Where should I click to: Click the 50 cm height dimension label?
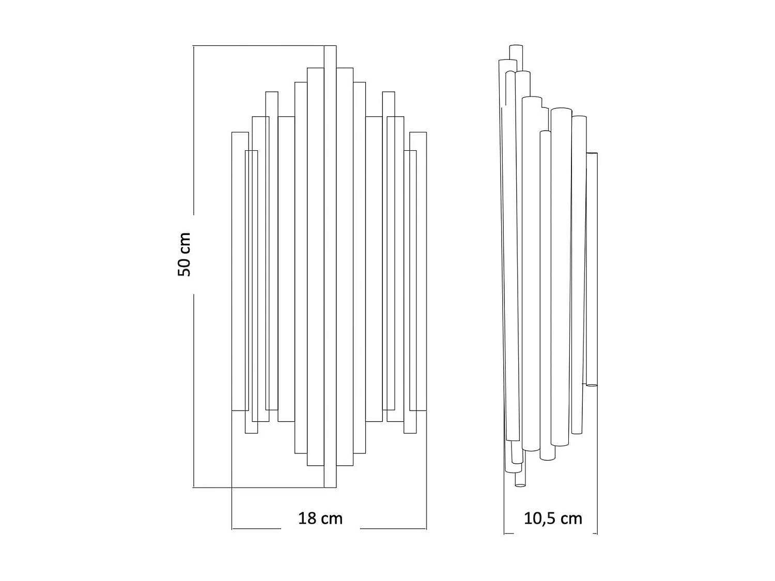click(x=184, y=254)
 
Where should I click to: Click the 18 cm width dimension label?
click(x=320, y=518)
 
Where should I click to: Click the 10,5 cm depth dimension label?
click(x=553, y=518)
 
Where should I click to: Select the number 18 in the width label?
click(x=307, y=518)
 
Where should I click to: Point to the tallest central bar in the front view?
click(x=330, y=266)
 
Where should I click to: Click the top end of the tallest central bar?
click(x=330, y=46)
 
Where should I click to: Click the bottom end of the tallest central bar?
click(x=330, y=488)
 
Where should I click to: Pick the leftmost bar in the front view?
click(x=240, y=272)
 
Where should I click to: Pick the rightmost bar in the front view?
click(x=418, y=272)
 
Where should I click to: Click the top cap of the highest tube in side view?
click(x=516, y=46)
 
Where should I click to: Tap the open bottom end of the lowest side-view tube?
click(x=520, y=485)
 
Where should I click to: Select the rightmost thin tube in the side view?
click(x=592, y=269)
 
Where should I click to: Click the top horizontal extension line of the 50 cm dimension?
click(x=258, y=45)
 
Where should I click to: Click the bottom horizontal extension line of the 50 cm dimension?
click(x=258, y=488)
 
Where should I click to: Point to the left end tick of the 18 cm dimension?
click(x=232, y=529)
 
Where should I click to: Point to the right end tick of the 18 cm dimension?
click(x=427, y=529)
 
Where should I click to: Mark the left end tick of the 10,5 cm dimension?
click(x=504, y=533)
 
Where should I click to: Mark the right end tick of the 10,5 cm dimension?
click(x=597, y=533)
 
